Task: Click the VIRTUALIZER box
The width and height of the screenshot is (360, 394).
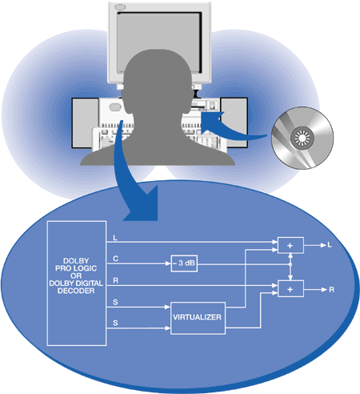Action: pyautogui.click(x=198, y=318)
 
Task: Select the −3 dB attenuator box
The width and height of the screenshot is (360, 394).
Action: pyautogui.click(x=184, y=263)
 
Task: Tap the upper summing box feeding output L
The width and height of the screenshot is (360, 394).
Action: pyautogui.click(x=290, y=245)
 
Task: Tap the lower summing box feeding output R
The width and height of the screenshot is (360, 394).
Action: pyautogui.click(x=290, y=288)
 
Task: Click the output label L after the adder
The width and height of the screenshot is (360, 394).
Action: pyautogui.click(x=330, y=245)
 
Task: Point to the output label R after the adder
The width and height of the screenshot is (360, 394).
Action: pyautogui.click(x=331, y=290)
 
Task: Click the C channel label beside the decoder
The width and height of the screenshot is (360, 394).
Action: pyautogui.click(x=115, y=259)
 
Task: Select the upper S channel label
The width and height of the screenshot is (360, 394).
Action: pyautogui.click(x=115, y=302)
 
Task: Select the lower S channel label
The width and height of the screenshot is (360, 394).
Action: pyautogui.click(x=115, y=323)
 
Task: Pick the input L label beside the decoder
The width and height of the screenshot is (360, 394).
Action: pyautogui.click(x=115, y=238)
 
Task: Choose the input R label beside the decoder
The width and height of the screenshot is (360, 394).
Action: pyautogui.click(x=115, y=280)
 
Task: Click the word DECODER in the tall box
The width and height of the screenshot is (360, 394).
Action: pyautogui.click(x=76, y=291)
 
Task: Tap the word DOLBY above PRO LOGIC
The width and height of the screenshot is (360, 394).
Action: pyautogui.click(x=76, y=261)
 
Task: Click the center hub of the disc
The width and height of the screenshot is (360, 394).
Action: pyautogui.click(x=302, y=138)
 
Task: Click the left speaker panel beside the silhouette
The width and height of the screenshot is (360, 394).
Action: pyautogui.click(x=85, y=123)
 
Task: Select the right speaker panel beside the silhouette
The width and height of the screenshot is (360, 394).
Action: pyautogui.click(x=234, y=123)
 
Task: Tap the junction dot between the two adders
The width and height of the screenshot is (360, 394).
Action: pyautogui.click(x=290, y=264)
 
